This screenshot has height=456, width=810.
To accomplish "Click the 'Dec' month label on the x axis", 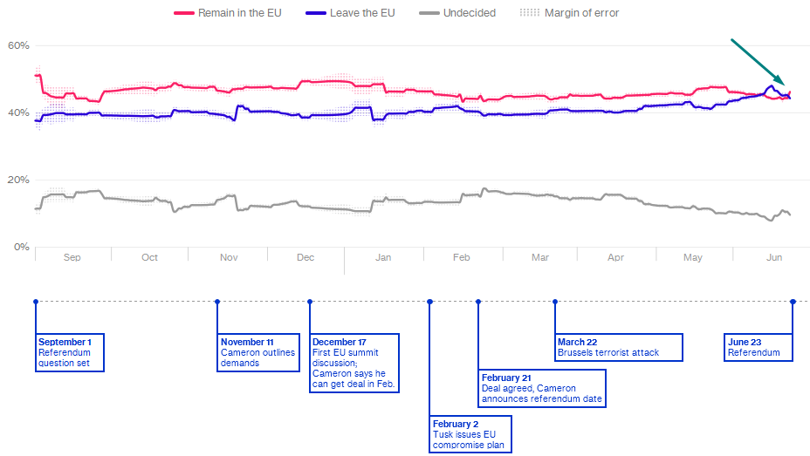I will click(x=305, y=258).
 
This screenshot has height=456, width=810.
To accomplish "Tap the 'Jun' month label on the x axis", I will click(x=773, y=258).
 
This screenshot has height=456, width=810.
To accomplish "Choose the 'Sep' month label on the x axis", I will click(x=72, y=258).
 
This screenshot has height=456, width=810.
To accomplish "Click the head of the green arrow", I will click(x=783, y=83).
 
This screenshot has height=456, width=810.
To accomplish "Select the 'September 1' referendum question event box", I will click(x=70, y=352).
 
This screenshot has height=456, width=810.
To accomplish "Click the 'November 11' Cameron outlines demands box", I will click(x=258, y=352).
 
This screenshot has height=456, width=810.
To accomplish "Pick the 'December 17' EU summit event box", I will click(x=354, y=363).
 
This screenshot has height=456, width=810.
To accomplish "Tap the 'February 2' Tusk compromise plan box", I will click(x=470, y=434).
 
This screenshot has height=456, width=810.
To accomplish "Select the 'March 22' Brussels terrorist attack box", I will click(x=619, y=347).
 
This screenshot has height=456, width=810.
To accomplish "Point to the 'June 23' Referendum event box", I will click(x=759, y=347).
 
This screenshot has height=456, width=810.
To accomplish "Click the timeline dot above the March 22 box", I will click(x=555, y=302).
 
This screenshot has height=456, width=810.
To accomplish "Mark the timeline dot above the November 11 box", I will click(x=217, y=302).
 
